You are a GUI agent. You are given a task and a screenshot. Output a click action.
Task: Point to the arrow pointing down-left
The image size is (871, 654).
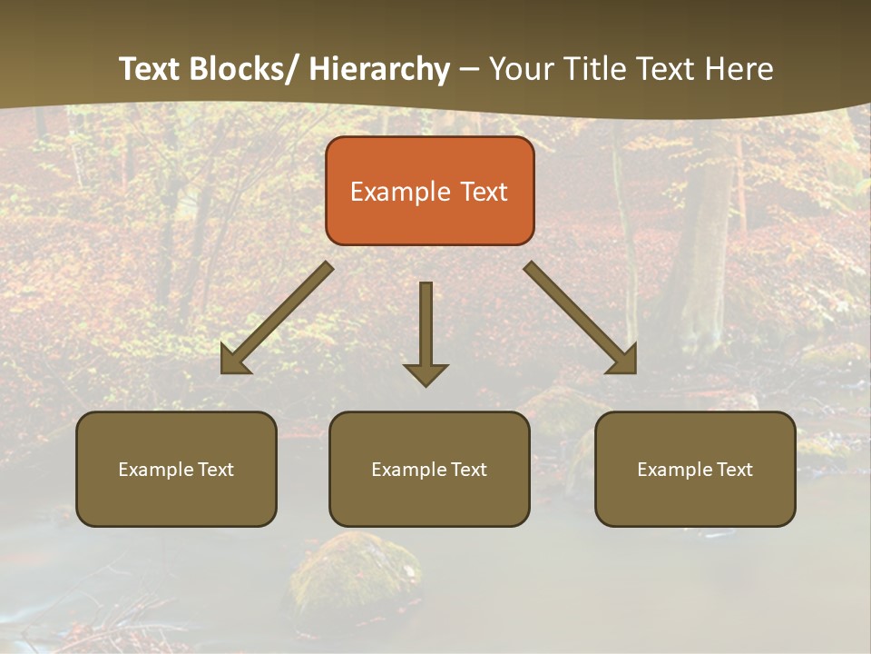[277, 318]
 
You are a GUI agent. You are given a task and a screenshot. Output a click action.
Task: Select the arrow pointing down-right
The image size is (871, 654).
[581, 318]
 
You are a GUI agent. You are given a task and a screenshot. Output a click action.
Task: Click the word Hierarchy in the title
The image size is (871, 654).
[379, 69]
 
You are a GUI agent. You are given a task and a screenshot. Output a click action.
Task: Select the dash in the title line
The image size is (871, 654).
[468, 69]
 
